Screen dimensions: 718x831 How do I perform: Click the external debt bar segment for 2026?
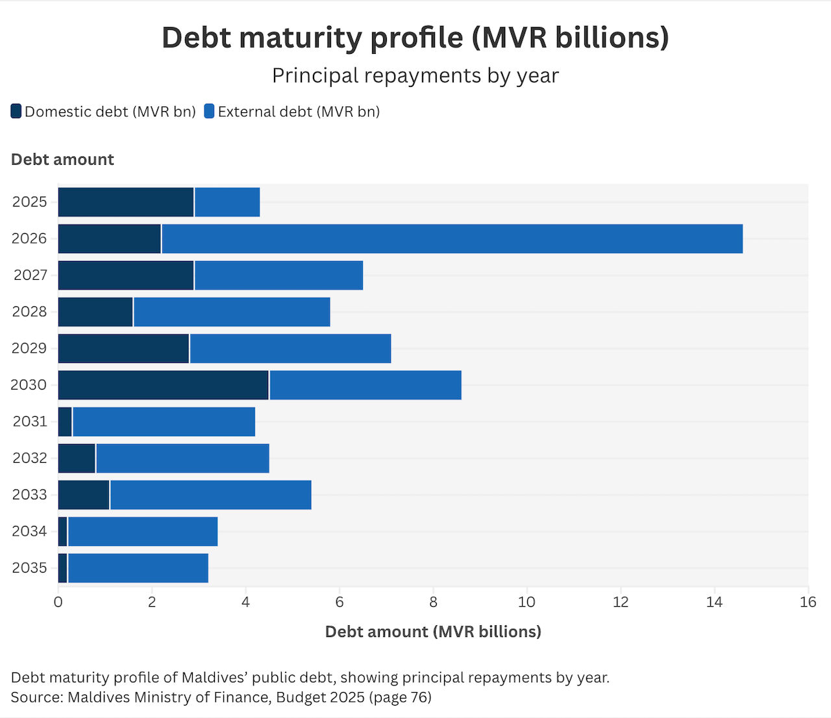point(452,239)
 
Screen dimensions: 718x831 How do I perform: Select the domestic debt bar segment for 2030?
point(163,385)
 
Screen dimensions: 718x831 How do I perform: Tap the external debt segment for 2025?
point(227,202)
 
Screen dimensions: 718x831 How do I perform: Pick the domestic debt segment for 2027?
point(126,275)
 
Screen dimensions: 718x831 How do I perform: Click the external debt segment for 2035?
point(138,568)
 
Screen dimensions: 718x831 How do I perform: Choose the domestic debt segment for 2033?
point(84,495)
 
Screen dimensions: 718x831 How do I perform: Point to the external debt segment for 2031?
point(164,422)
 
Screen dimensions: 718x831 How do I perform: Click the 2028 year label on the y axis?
point(30,312)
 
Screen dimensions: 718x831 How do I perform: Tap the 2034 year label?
point(30,532)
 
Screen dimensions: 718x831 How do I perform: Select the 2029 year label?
point(30,349)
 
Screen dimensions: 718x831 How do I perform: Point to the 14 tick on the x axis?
point(714,602)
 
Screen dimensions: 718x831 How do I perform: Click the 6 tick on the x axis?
point(340,602)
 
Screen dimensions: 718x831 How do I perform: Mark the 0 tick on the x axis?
point(58,602)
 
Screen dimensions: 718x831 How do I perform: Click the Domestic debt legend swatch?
point(16,112)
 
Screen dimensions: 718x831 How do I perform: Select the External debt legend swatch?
point(209,112)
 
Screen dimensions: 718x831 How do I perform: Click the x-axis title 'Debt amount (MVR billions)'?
point(433,632)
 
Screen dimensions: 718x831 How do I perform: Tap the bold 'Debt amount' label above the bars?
point(62,160)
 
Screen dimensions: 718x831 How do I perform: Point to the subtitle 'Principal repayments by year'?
point(415,76)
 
